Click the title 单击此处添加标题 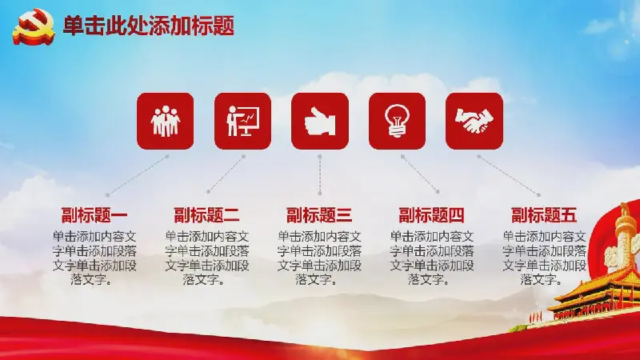pos(149,26)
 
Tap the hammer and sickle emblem pos(34,26)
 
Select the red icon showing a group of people pos(166,121)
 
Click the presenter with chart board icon pos(243,121)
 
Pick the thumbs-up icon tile pos(320,121)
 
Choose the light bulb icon pos(397,121)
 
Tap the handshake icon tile pos(474,121)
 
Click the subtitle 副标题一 pos(94,215)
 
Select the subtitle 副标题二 pos(206,215)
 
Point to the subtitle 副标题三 pos(319,215)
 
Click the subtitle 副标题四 pos(431,215)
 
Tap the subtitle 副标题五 pos(544,215)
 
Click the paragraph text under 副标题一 pos(94,258)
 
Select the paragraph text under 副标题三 pos(319,258)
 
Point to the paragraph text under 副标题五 pos(544,258)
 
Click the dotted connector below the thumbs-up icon pos(320,174)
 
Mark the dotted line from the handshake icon pos(509,175)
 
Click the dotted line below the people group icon pos(137,175)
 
